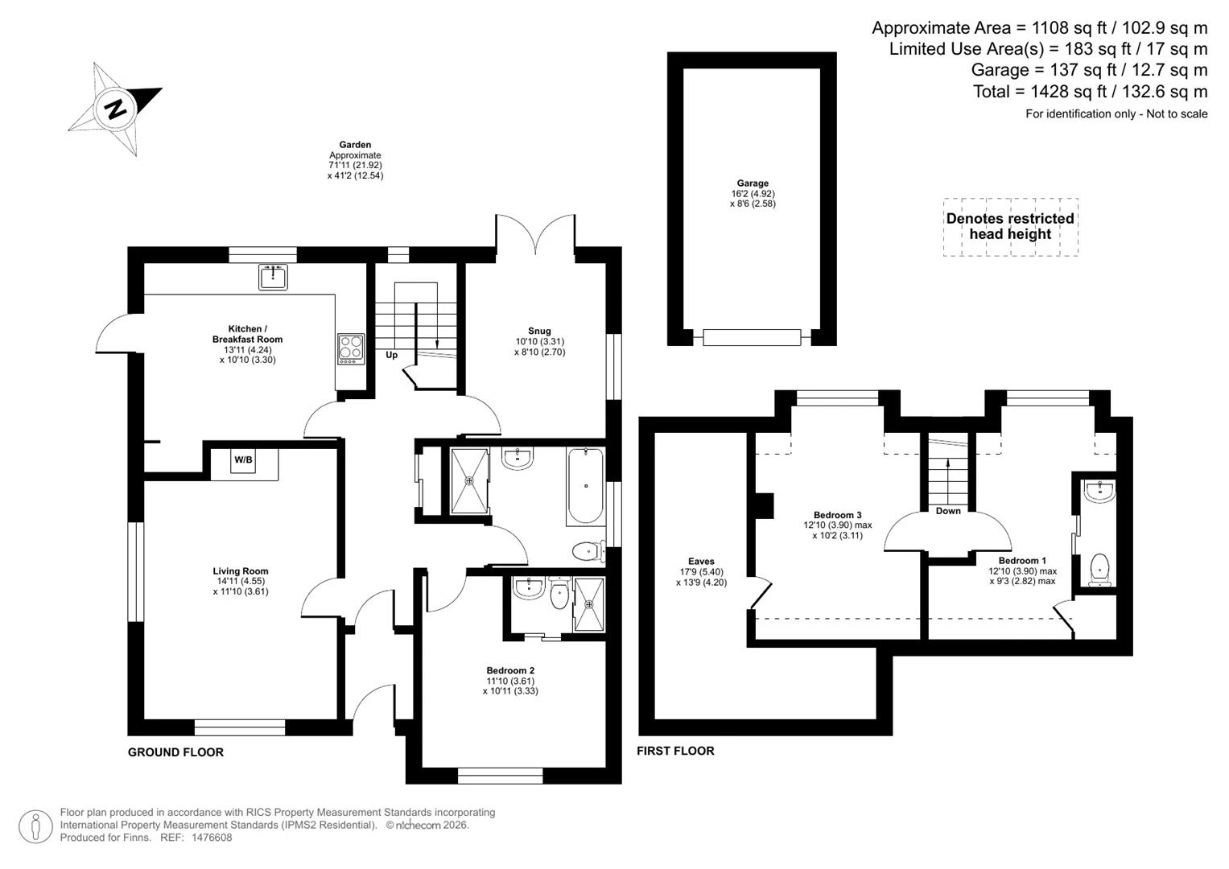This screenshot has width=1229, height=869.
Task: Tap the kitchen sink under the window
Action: pyautogui.click(x=273, y=277)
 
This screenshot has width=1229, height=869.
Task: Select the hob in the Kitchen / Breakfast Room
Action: pyautogui.click(x=351, y=349)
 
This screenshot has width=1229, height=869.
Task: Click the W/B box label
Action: pyautogui.click(x=244, y=459)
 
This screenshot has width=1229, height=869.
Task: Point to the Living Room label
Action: pyautogui.click(x=241, y=571)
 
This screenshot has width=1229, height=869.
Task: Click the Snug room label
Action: pyautogui.click(x=539, y=331)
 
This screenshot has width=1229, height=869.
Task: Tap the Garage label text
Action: pyautogui.click(x=753, y=183)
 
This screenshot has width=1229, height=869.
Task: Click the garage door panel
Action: pyautogui.click(x=752, y=337)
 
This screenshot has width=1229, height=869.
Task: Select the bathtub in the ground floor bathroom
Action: pyautogui.click(x=585, y=487)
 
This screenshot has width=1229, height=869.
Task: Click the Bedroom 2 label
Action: pyautogui.click(x=510, y=670)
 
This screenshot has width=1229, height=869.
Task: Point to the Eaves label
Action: pyautogui.click(x=701, y=562)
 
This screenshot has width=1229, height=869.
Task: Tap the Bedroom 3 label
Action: pyautogui.click(x=837, y=515)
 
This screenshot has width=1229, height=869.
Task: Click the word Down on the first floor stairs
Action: pyautogui.click(x=948, y=511)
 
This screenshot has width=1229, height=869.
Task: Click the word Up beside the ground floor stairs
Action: pyautogui.click(x=392, y=355)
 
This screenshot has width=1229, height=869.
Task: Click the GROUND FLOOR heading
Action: pyautogui.click(x=175, y=752)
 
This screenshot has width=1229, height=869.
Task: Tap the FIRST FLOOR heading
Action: pyautogui.click(x=675, y=751)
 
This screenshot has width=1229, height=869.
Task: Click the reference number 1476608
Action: pyautogui.click(x=211, y=838)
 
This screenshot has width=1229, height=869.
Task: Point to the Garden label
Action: pyautogui.click(x=355, y=145)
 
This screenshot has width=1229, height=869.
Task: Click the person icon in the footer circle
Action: pyautogui.click(x=35, y=826)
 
